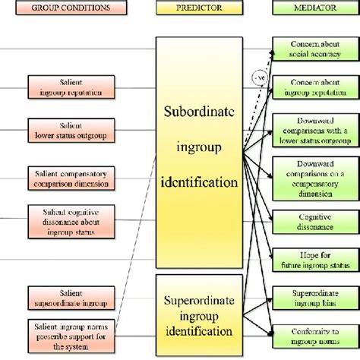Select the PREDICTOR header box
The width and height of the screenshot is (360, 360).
point(199,8)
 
